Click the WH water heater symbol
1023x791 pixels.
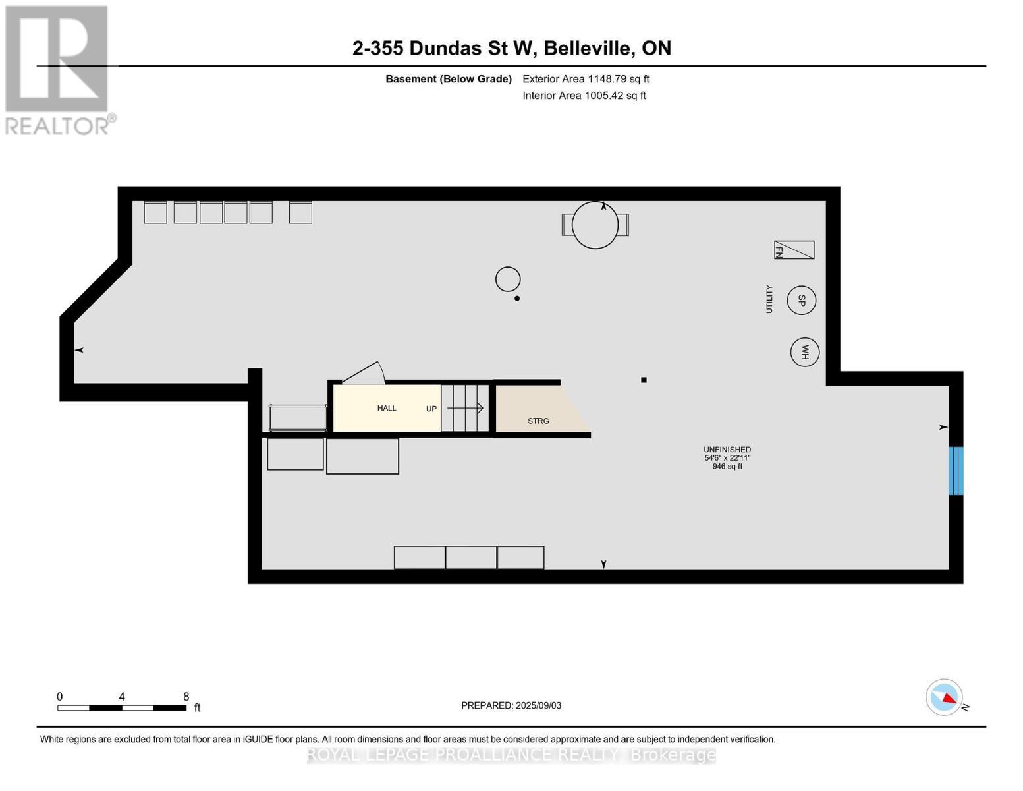point(804,352)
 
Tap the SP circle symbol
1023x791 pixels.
point(801,300)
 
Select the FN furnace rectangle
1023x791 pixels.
point(794,250)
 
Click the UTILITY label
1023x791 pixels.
point(769,299)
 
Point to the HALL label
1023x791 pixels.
point(387,408)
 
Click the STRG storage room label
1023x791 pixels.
point(538,421)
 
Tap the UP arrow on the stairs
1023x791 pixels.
point(466,408)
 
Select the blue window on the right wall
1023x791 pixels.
point(955,471)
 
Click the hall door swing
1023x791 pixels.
point(364,373)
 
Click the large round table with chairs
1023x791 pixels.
point(595,225)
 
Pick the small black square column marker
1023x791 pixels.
point(644,380)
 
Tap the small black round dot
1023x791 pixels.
point(517,299)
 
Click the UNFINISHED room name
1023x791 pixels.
point(727,450)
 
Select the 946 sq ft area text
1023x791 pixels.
point(727,467)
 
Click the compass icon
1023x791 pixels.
point(944,697)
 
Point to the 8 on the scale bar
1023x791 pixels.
point(186,697)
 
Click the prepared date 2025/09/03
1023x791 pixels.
point(511,705)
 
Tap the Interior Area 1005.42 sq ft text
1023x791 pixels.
point(584,96)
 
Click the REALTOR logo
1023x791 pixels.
point(58,69)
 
